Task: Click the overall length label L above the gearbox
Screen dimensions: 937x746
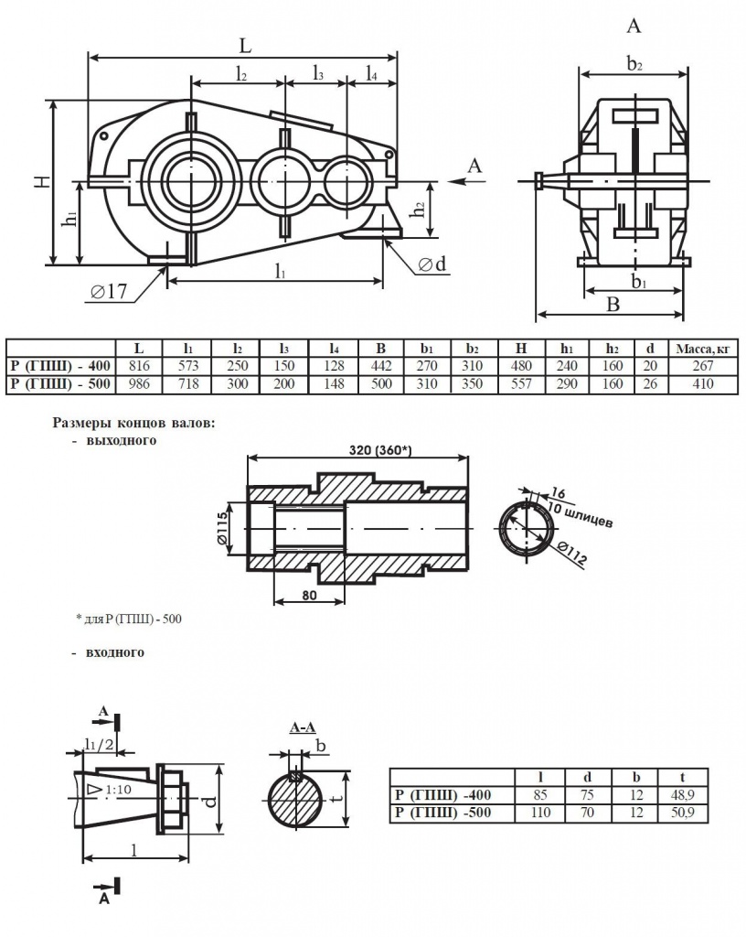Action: (x=245, y=45)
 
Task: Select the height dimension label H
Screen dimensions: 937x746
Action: (x=42, y=181)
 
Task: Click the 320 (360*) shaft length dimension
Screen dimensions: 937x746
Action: (x=358, y=450)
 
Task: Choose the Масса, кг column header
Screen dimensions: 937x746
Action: (x=701, y=349)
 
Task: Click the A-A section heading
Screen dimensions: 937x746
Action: (x=302, y=728)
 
